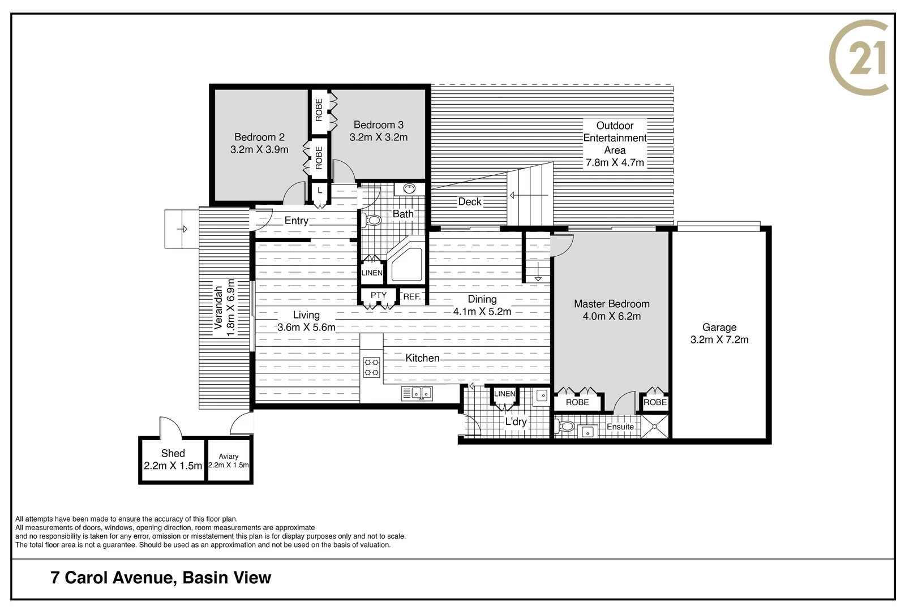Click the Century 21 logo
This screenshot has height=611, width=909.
click(x=859, y=57)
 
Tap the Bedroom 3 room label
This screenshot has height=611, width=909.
click(x=378, y=124)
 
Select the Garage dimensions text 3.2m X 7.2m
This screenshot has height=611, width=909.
click(x=719, y=339)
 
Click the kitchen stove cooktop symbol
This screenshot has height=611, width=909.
click(x=371, y=367)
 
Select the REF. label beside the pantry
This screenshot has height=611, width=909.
click(x=411, y=296)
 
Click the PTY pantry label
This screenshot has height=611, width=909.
click(x=378, y=295)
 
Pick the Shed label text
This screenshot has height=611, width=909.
click(x=173, y=453)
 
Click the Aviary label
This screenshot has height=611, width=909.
click(x=229, y=456)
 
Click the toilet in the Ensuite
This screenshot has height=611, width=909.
click(x=565, y=426)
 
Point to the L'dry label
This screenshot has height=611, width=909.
click(x=516, y=421)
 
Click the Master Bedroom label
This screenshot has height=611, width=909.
click(x=611, y=304)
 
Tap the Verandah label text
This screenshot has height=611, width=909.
click(x=218, y=307)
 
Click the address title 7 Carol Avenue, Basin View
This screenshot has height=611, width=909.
click(x=161, y=578)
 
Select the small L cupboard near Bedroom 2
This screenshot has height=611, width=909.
click(x=320, y=191)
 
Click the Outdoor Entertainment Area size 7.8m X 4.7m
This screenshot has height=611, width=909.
click(x=614, y=162)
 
